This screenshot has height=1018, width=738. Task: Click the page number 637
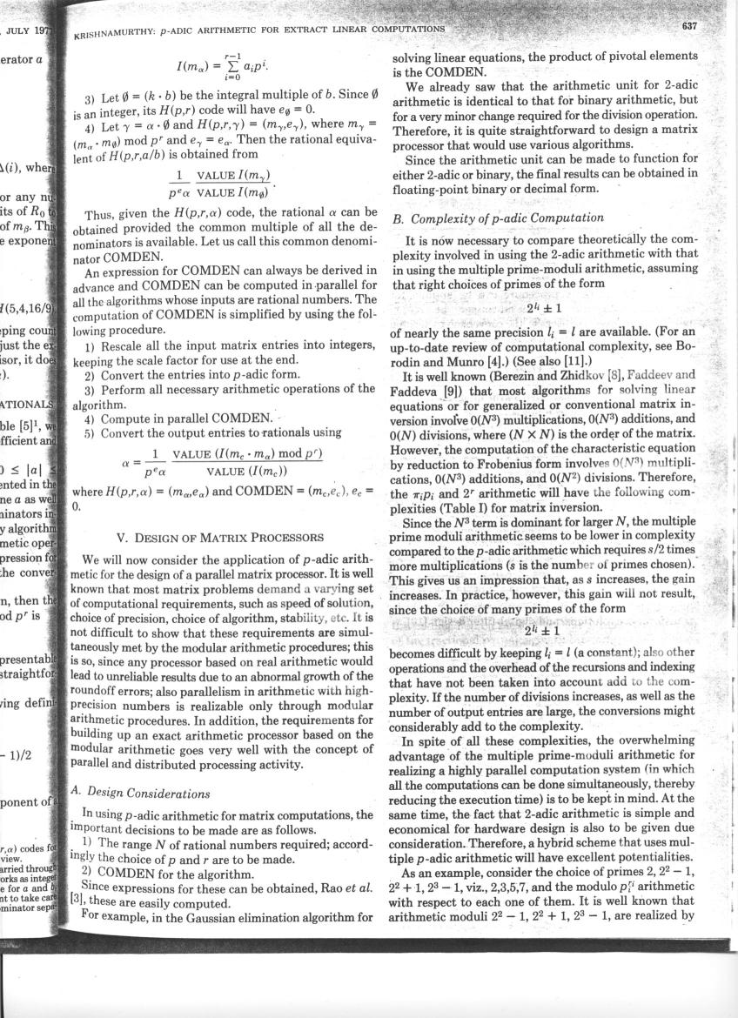coord(689,25)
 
